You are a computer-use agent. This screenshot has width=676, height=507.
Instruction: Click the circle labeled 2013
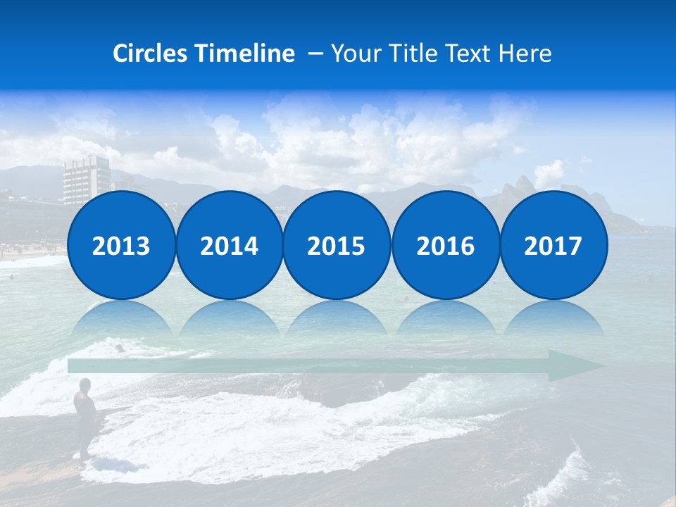pyautogui.click(x=121, y=245)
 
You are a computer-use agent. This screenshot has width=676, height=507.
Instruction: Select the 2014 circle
pyautogui.click(x=229, y=245)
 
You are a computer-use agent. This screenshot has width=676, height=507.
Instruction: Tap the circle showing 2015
pyautogui.click(x=337, y=245)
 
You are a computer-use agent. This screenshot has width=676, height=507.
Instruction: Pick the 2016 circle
pyautogui.click(x=445, y=245)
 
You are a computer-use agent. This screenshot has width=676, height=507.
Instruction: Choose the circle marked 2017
pyautogui.click(x=553, y=245)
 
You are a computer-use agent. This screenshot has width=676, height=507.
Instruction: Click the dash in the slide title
pyautogui.click(x=315, y=54)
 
